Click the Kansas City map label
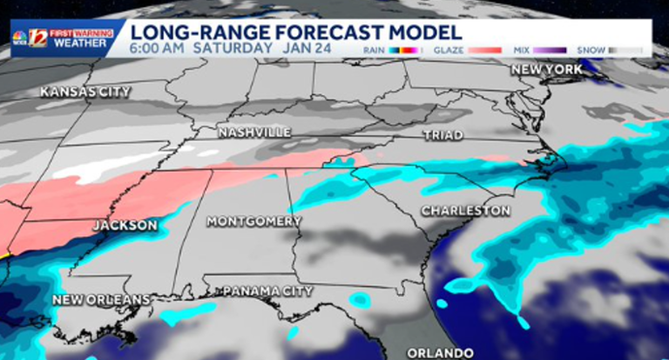85,92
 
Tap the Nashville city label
254,132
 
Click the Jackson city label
125,226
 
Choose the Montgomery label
254,221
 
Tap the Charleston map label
465,211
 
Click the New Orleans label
101,300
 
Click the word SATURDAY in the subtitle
231,48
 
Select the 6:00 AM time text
158,48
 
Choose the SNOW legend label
594,51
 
